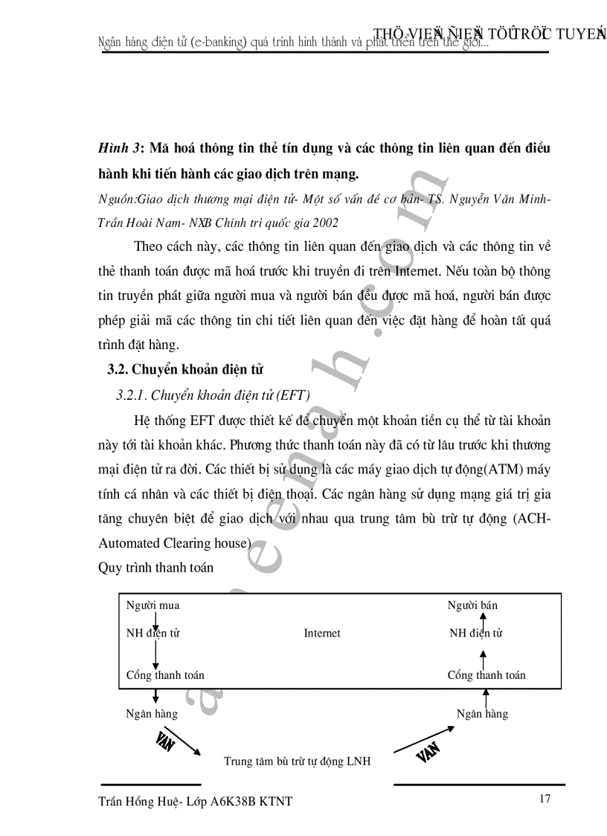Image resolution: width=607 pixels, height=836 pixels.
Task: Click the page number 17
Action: point(545,800)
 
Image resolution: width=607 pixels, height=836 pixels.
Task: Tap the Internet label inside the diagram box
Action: point(322,633)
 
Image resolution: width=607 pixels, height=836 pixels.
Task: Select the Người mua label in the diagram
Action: point(152,605)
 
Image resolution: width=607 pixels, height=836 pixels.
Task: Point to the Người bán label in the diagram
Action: point(472,605)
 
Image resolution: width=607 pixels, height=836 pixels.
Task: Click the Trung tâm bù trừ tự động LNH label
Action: point(298,762)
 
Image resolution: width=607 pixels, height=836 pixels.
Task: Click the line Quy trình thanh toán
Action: point(155,568)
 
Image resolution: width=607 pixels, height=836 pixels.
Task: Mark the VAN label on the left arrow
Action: point(165,740)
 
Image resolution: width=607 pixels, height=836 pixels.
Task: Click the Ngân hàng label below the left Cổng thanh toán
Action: point(152,714)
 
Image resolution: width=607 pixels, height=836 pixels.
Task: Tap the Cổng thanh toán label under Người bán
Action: point(486,675)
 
